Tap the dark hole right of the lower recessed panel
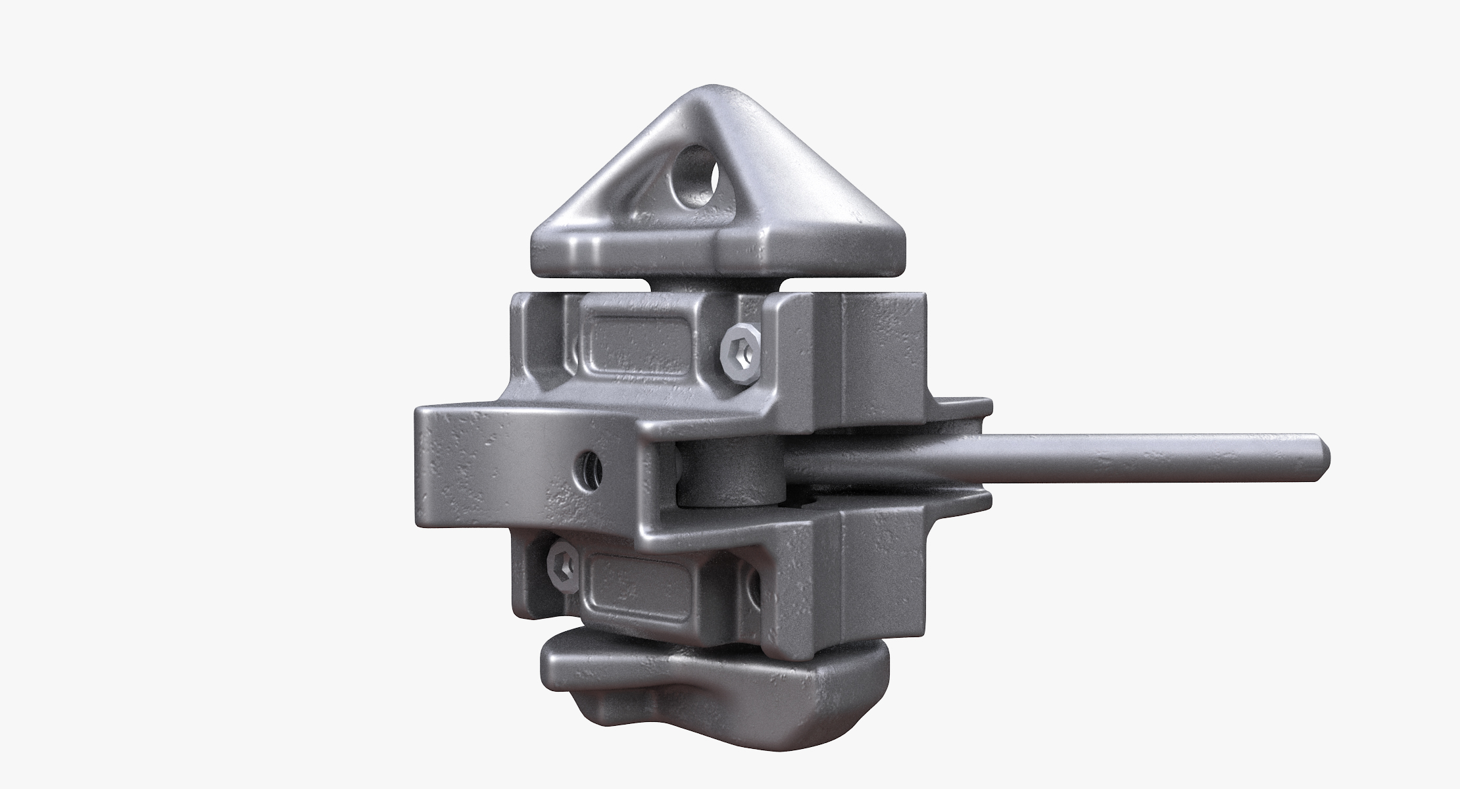pyautogui.click(x=751, y=581)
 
